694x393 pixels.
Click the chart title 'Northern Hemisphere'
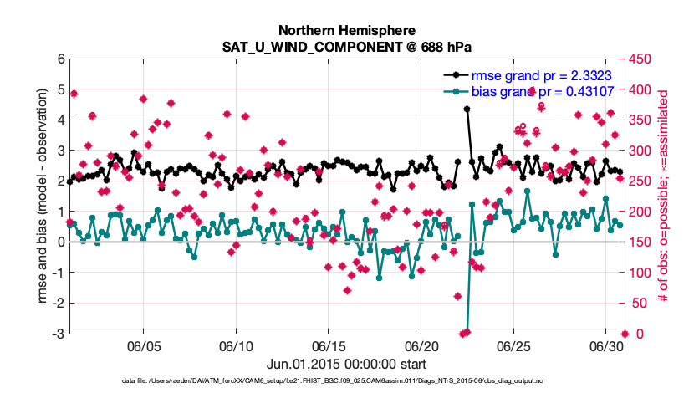[x=346, y=29]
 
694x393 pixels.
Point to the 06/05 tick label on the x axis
[x=143, y=345]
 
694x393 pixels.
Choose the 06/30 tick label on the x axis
[x=606, y=345]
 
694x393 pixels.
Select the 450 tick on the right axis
[x=640, y=59]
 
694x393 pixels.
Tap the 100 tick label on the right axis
[x=640, y=273]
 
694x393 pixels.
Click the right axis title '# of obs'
[x=663, y=196]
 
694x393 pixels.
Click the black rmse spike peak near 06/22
[x=467, y=109]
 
